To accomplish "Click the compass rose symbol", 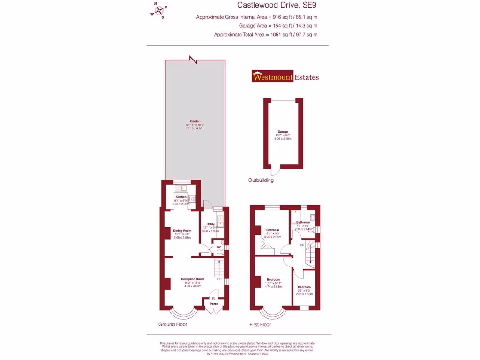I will (x=159, y=10).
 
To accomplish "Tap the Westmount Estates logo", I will (x=285, y=77).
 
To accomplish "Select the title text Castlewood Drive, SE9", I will (x=277, y=6).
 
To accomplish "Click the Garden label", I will (x=195, y=121).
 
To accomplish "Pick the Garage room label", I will (x=283, y=132).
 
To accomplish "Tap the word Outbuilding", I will (x=261, y=180).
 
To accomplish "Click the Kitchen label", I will (x=181, y=197).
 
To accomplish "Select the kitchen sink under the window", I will (x=180, y=188).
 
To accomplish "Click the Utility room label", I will (x=210, y=224).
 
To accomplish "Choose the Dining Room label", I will (x=182, y=230).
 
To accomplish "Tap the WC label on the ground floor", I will (x=218, y=247).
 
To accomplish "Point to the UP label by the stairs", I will (x=219, y=278).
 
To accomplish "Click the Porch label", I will (x=214, y=304).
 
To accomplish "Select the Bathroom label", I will (x=303, y=222).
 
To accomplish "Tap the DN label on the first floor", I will (x=302, y=245).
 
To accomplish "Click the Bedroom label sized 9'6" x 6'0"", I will (x=304, y=287).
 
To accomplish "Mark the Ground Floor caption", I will (x=173, y=324).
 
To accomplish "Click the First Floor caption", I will (x=260, y=324).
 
